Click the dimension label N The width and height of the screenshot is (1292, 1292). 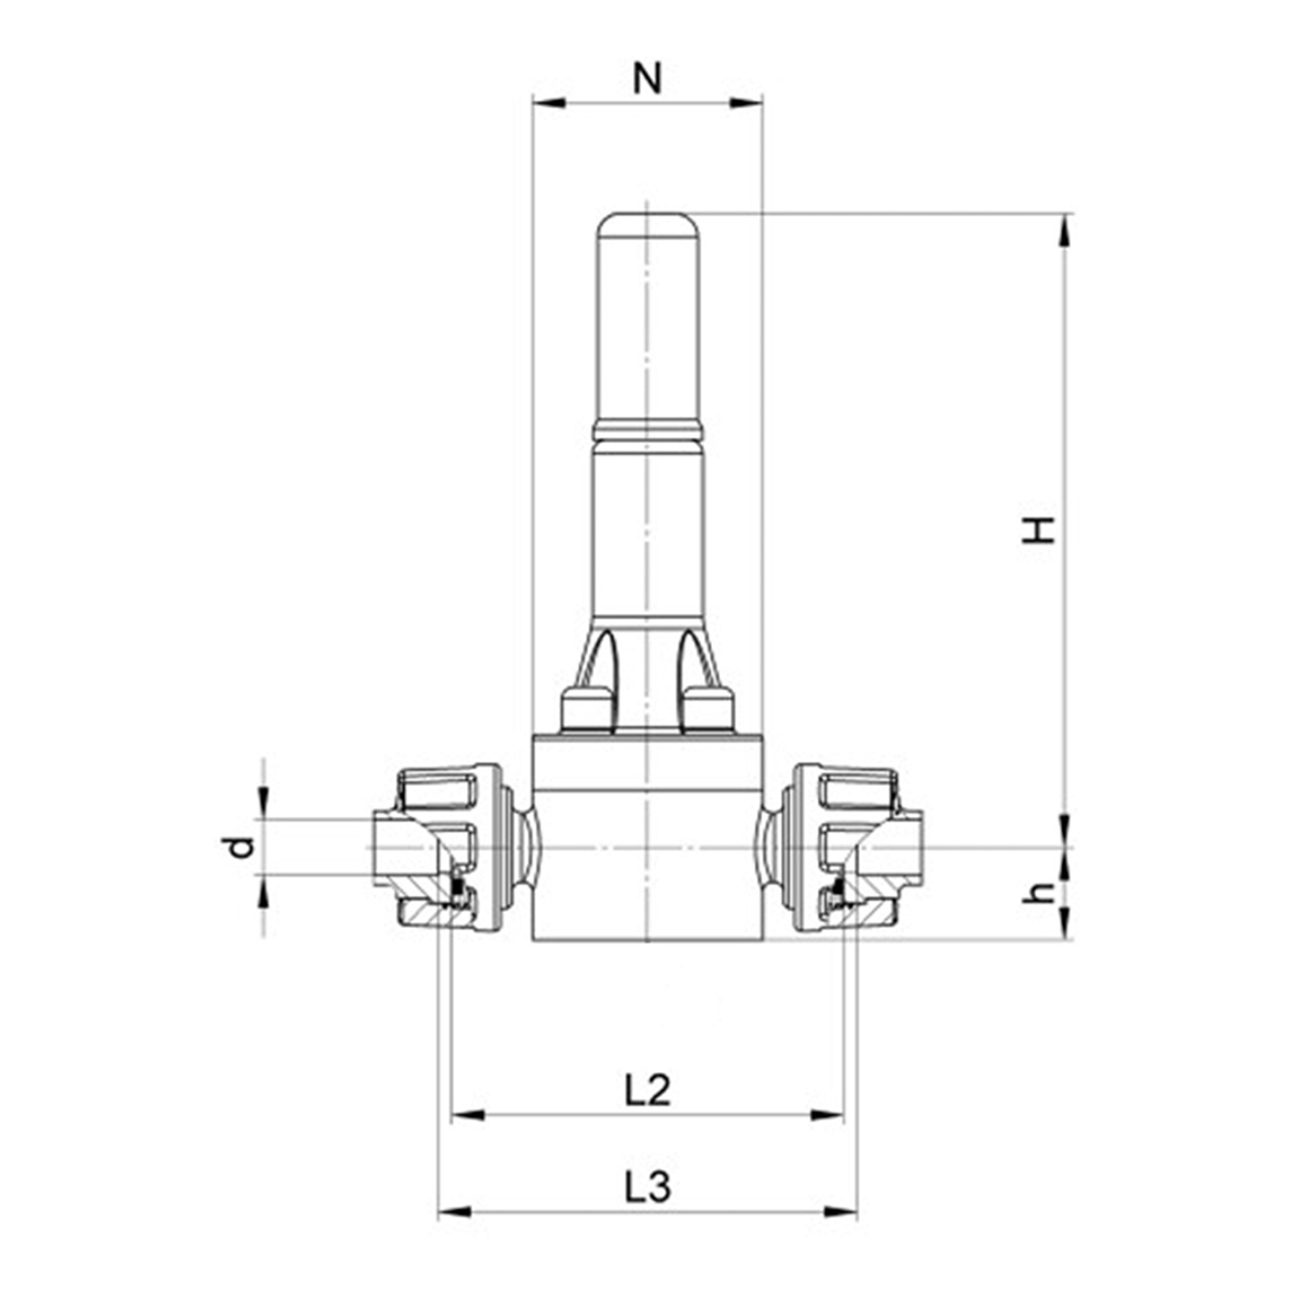647,78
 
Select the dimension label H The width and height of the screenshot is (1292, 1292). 1039,530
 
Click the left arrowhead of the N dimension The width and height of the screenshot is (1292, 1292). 549,103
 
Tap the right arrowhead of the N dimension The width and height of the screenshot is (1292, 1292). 746,103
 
